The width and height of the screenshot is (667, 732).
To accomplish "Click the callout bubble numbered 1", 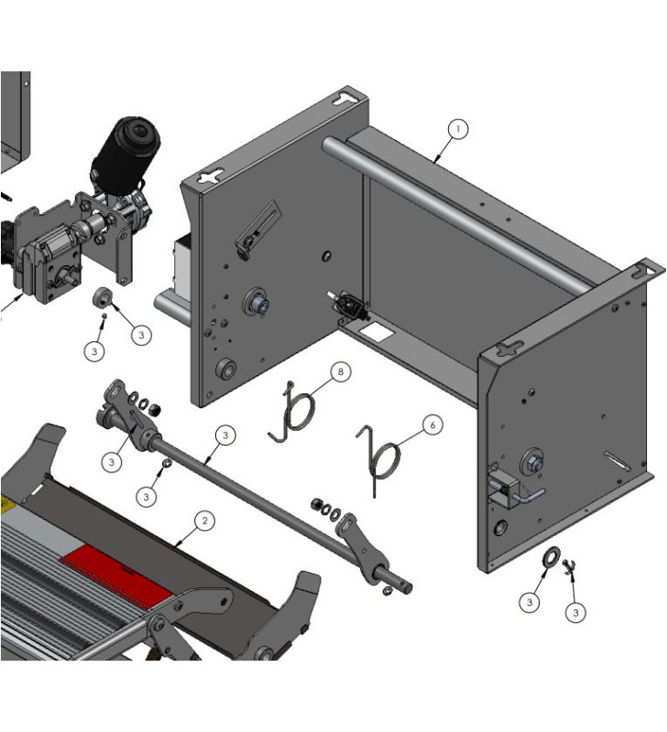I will coord(457,129).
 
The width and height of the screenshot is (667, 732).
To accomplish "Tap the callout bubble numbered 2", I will coord(204,521).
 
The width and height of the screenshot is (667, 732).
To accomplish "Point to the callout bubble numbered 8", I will coord(340,371).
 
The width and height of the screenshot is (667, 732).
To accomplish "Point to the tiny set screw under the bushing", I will coord(104,317).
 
